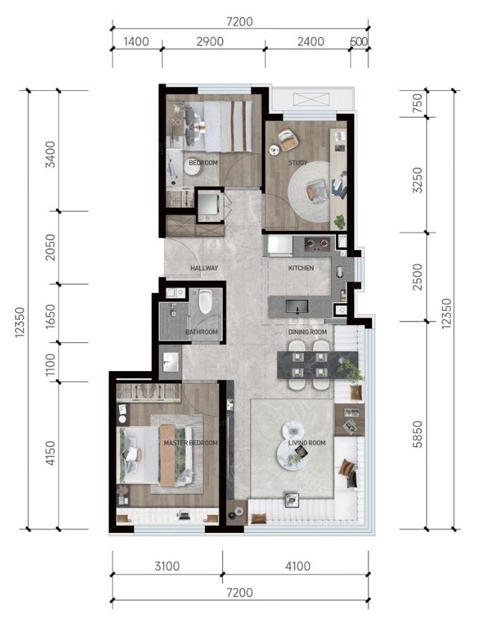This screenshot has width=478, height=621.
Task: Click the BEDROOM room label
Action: (203, 163)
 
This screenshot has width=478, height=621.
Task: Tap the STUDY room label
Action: (297, 163)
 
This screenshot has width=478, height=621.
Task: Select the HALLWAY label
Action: (204, 268)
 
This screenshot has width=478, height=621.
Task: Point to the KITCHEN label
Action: (301, 268)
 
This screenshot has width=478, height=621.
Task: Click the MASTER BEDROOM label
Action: (191, 443)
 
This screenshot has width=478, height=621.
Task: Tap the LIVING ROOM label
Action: (307, 443)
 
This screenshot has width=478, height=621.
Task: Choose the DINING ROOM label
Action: (307, 332)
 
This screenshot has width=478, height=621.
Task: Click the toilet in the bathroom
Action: (206, 302)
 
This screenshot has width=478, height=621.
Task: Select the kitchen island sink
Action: (297, 307)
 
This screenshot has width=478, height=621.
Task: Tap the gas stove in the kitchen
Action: (317, 244)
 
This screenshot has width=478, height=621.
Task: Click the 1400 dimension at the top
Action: (136, 42)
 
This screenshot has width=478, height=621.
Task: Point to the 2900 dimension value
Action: (210, 42)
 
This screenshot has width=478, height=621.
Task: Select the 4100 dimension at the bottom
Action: (297, 566)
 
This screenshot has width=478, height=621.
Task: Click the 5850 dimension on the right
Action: (417, 435)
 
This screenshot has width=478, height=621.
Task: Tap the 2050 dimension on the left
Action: (50, 248)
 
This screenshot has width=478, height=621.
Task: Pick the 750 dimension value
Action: (417, 103)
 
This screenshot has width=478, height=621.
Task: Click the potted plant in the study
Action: (339, 222)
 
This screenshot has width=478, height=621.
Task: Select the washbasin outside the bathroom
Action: (171, 362)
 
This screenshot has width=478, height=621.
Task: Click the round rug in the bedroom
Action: (193, 170)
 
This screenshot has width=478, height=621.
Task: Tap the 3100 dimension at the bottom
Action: (167, 566)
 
